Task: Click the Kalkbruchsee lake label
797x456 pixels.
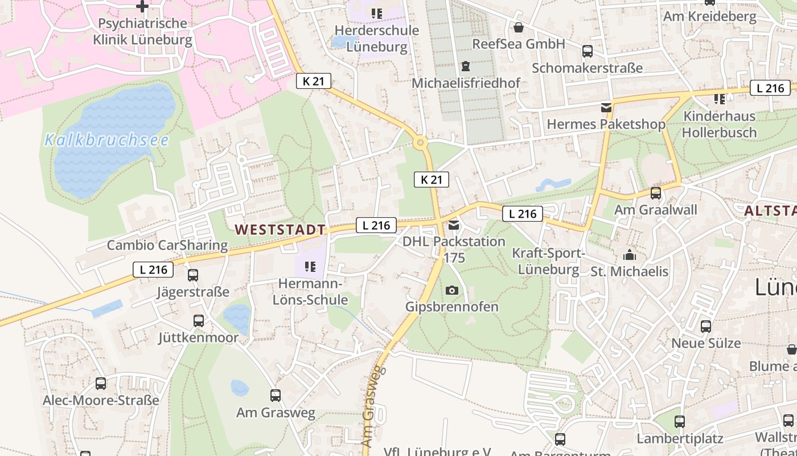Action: [x=106, y=140]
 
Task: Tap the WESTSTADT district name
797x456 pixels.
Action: [x=281, y=230]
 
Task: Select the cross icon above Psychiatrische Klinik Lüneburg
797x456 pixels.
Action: [x=142, y=6]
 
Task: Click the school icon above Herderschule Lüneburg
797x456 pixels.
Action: [x=376, y=13]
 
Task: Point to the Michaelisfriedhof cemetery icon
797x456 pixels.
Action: [x=466, y=66]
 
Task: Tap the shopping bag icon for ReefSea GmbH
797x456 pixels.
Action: [x=519, y=27]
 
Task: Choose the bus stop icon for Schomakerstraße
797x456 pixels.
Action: [x=588, y=51]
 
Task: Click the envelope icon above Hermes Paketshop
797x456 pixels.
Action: [x=606, y=107]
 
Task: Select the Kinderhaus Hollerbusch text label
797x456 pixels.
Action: [x=719, y=124]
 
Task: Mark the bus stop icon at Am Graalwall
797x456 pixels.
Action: [x=656, y=193]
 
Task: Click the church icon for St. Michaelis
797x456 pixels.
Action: [x=630, y=254]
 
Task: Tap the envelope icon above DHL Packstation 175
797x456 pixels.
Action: [x=454, y=225]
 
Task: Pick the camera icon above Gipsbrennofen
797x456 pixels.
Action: [x=452, y=290]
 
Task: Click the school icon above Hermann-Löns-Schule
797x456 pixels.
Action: [x=310, y=266]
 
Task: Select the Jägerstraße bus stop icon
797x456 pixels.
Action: [x=193, y=275]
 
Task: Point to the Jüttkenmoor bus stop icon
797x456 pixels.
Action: [x=198, y=321]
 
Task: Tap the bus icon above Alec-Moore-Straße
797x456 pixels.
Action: [x=101, y=384]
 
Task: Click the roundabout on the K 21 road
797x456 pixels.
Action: [x=420, y=142]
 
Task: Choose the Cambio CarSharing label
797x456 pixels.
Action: [x=167, y=246]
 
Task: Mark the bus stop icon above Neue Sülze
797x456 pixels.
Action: [x=706, y=327]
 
